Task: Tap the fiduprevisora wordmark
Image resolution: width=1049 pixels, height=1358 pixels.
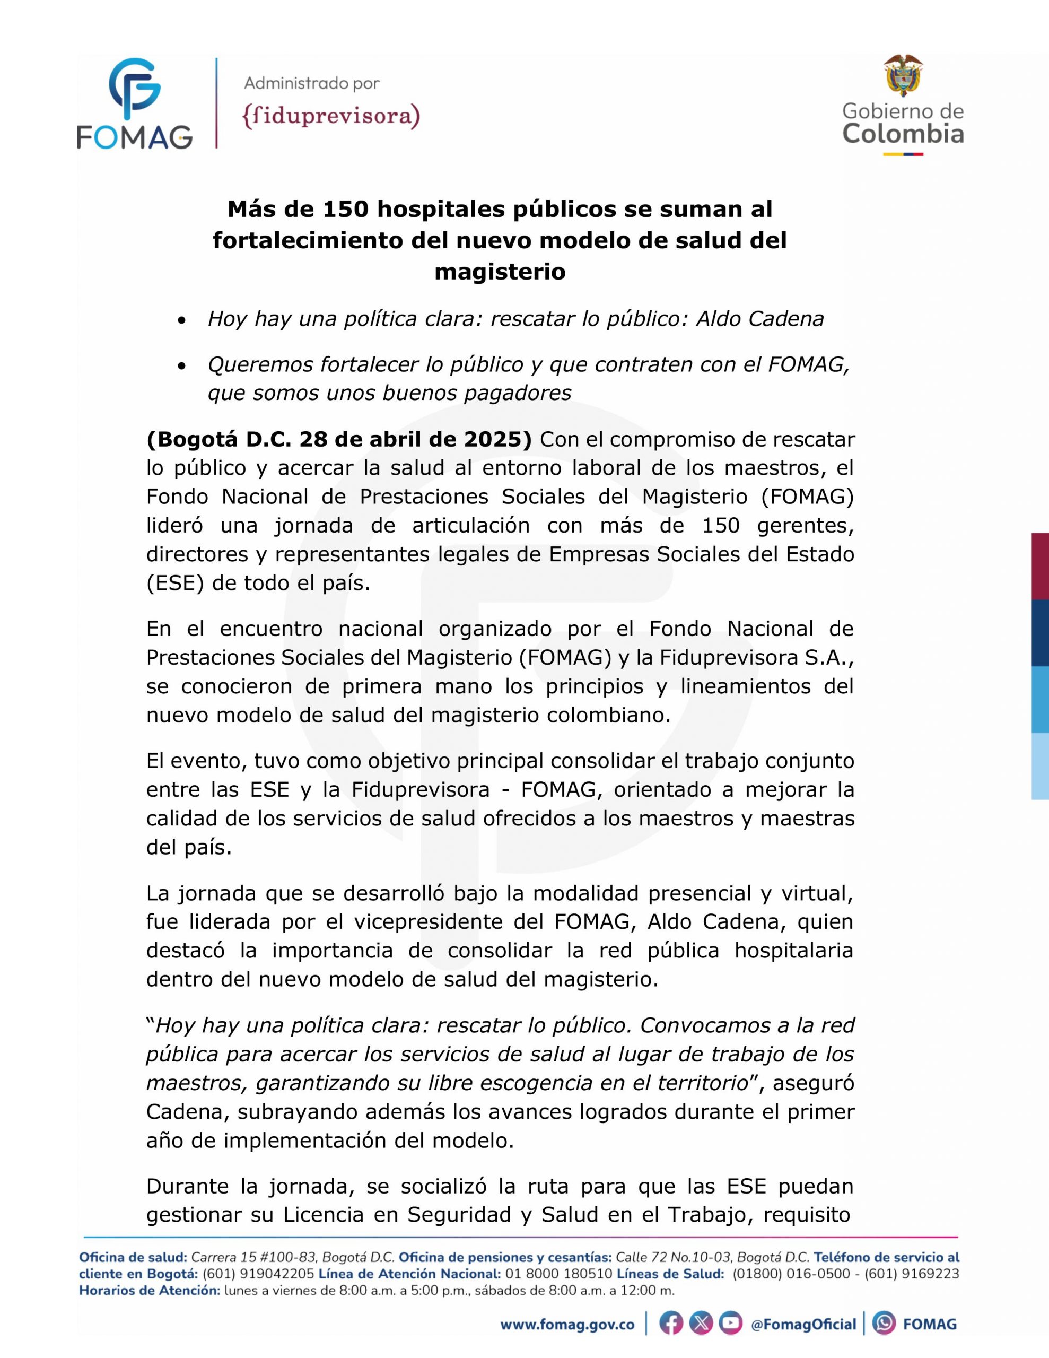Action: tap(331, 116)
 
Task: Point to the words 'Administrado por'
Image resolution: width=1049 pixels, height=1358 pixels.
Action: tap(311, 83)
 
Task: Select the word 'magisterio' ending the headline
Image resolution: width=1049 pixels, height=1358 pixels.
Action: tap(500, 272)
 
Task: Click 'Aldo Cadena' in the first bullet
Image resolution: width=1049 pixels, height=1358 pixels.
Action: tap(759, 319)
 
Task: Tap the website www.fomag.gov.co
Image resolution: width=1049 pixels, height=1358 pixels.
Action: tap(567, 1325)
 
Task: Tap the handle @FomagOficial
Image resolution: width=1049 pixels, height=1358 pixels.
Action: tap(803, 1325)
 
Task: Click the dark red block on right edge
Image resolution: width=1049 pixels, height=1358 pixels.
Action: tap(1039, 566)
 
